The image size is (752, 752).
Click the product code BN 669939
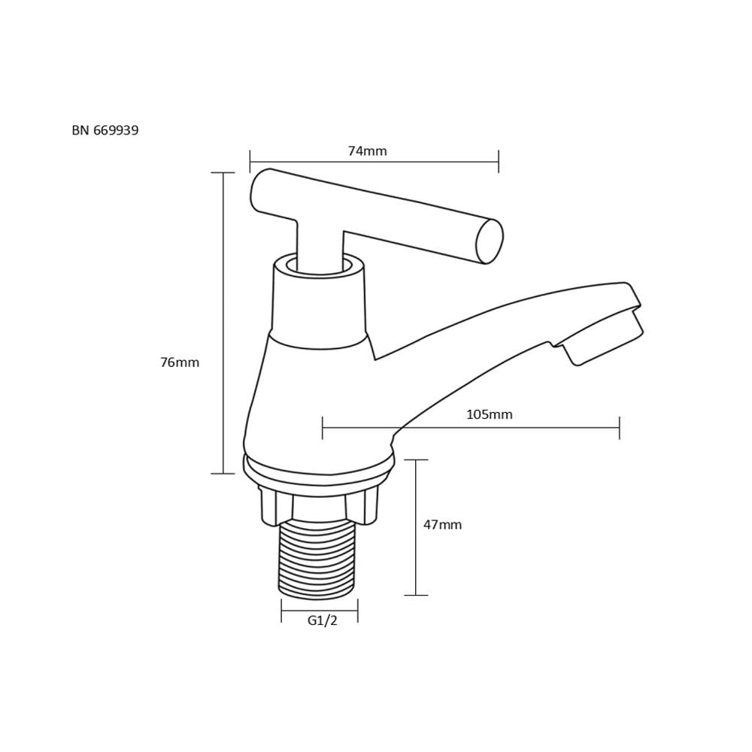(x=105, y=130)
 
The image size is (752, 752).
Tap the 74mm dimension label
(x=368, y=151)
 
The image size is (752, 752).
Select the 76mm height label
(x=180, y=362)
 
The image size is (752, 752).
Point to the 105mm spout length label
(x=490, y=414)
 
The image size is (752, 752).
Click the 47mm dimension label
(x=442, y=525)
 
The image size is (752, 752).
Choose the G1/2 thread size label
(x=323, y=620)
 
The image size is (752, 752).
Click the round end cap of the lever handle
(x=490, y=241)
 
